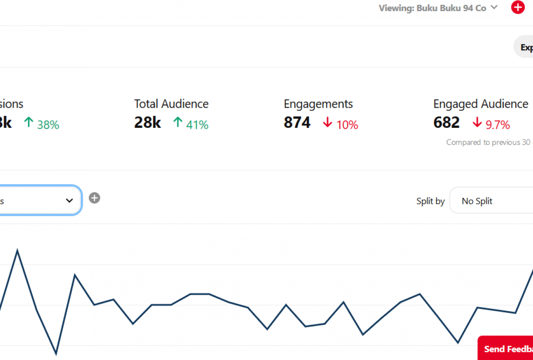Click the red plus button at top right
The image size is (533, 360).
518,7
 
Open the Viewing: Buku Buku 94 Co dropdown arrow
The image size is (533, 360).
494,7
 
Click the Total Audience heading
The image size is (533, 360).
171,104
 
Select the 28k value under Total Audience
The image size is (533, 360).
147,123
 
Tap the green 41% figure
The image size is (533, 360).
197,125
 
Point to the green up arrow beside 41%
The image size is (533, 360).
178,123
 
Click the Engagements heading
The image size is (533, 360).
318,104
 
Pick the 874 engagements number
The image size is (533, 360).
297,123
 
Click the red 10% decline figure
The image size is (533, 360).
347,125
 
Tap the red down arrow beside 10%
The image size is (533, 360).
328,123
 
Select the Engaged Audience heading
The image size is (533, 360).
481,104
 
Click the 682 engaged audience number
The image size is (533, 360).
446,123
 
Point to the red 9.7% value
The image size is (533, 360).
498,125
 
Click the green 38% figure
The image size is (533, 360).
48,125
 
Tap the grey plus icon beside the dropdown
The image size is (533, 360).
94,198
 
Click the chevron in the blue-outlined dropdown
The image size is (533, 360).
70,200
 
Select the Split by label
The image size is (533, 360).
430,201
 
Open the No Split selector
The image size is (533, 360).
489,201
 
